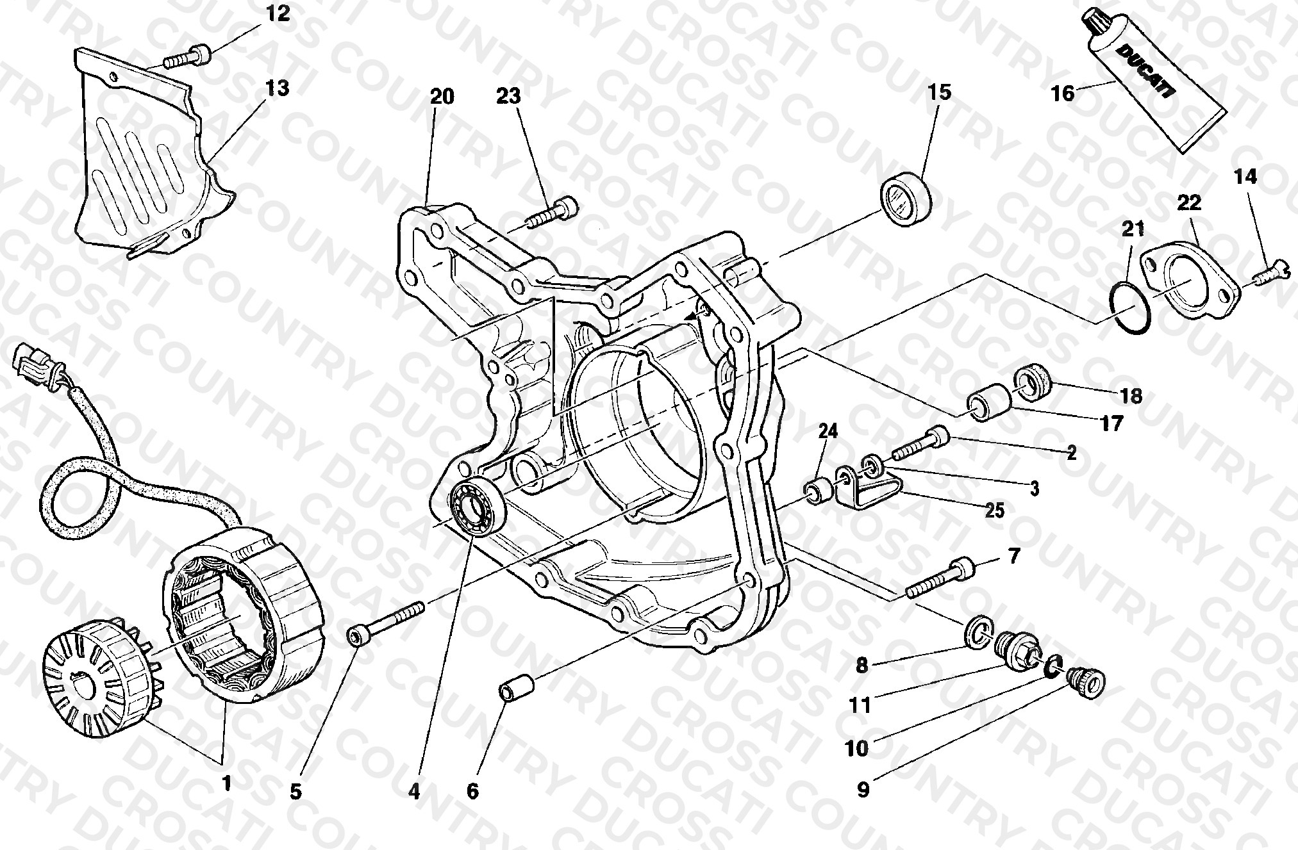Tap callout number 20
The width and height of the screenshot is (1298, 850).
pyautogui.click(x=442, y=97)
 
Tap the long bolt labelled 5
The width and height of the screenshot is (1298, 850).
pyautogui.click(x=385, y=619)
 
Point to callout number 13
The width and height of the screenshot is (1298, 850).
pyautogui.click(x=278, y=88)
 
